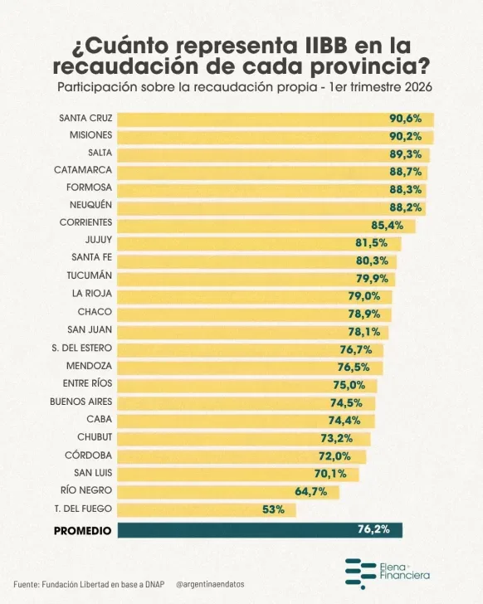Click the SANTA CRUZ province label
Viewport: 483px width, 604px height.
pos(85,118)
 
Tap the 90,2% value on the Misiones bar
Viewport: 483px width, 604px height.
pos(406,136)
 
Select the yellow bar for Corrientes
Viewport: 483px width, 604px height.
pos(266,226)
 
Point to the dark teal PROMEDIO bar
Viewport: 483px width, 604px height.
pos(260,530)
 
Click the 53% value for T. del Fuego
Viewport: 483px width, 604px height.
pos(274,509)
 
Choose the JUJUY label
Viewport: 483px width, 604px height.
pos(99,240)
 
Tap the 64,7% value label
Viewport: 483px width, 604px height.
pos(311,491)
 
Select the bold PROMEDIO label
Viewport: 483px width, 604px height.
pos(82,531)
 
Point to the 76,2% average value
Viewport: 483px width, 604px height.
pos(373,529)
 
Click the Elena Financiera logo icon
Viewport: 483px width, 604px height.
pos(360,573)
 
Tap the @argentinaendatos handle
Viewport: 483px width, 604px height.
pos(210,584)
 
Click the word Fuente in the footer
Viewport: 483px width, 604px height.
pos(27,584)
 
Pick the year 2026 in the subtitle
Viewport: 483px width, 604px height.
pos(418,87)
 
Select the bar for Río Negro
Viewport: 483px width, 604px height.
pos(228,492)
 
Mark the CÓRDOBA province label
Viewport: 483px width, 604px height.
pos(88,455)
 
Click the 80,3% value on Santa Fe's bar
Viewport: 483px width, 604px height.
pos(372,261)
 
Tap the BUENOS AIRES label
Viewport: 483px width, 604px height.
pos(80,402)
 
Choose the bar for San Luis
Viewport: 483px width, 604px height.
pos(238,475)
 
